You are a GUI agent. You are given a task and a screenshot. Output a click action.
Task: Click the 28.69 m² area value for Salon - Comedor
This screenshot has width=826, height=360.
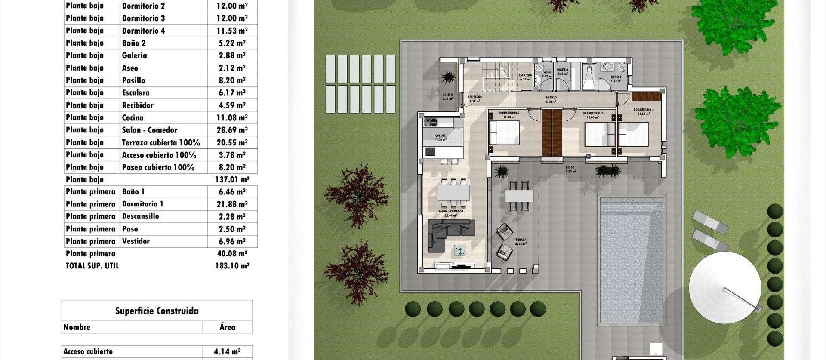(232, 130)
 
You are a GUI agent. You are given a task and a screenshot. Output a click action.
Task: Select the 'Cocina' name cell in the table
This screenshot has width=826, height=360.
(133, 117)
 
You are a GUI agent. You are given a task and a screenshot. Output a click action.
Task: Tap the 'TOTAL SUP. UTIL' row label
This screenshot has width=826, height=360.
(92, 266)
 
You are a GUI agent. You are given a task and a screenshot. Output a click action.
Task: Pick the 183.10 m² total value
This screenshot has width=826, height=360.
(232, 266)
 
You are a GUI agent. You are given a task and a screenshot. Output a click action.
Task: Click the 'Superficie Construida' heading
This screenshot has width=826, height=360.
(157, 311)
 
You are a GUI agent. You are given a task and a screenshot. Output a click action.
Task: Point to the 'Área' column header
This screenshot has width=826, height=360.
(227, 327)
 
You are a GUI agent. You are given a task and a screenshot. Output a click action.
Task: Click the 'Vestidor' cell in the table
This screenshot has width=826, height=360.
(136, 241)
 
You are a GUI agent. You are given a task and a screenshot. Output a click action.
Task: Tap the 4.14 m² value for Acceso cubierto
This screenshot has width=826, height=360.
(227, 351)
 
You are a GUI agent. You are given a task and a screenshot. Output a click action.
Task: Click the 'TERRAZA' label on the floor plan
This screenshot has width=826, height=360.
(520, 240)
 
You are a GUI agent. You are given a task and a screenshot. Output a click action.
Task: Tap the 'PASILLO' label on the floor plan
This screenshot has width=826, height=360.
(551, 98)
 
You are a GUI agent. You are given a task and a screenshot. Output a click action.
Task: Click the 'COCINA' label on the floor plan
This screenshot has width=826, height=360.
(440, 136)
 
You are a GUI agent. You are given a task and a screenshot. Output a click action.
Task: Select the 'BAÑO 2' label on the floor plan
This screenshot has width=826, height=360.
(616, 77)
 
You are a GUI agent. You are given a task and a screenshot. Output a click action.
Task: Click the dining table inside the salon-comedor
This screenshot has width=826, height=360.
(453, 192)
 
